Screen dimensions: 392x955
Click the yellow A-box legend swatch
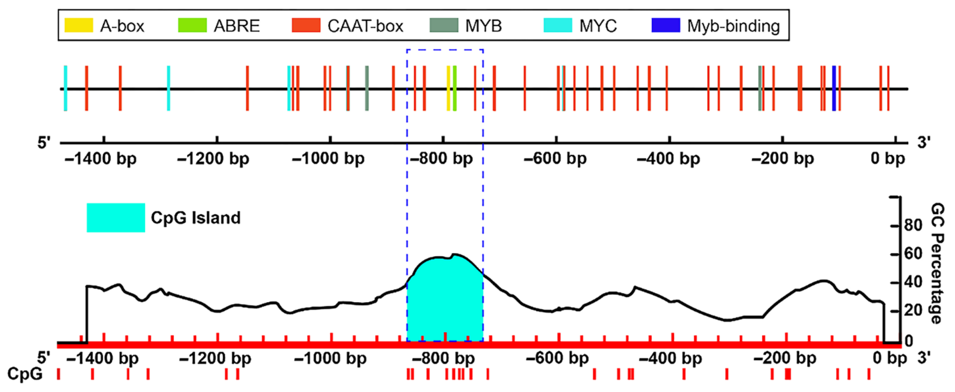coord(79,25)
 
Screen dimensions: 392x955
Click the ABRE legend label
coord(236,26)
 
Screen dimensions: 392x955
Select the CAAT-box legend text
coord(365,26)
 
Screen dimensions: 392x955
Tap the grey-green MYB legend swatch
coord(444,25)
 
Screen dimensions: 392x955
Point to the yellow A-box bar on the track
coord(448,88)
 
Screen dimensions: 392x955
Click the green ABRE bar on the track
coord(455,88)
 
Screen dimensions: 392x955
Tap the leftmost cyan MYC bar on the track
coord(66,88)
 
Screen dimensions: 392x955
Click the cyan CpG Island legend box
coord(116,218)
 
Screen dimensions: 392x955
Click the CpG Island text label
coord(196,218)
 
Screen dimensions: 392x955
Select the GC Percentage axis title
coord(937,263)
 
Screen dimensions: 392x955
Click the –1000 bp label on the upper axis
coord(328,159)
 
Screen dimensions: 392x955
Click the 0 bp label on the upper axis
coord(888,159)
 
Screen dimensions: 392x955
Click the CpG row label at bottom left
coord(25,374)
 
